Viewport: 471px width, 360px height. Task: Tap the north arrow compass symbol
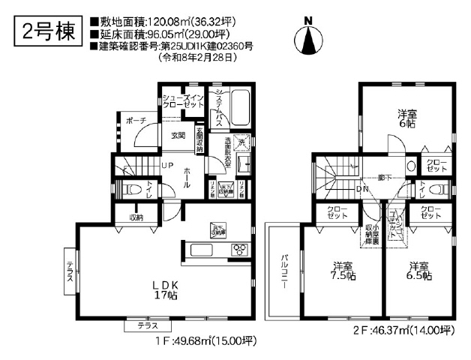tap(307, 38)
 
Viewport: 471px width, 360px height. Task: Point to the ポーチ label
tap(136, 120)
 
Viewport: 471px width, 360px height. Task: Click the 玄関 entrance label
tap(178, 136)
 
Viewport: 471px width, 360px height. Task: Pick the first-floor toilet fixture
tap(128, 188)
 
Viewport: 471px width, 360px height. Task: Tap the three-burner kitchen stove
tap(239, 250)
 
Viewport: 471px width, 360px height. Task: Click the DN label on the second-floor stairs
tap(361, 190)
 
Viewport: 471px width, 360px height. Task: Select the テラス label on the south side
tap(147, 325)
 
